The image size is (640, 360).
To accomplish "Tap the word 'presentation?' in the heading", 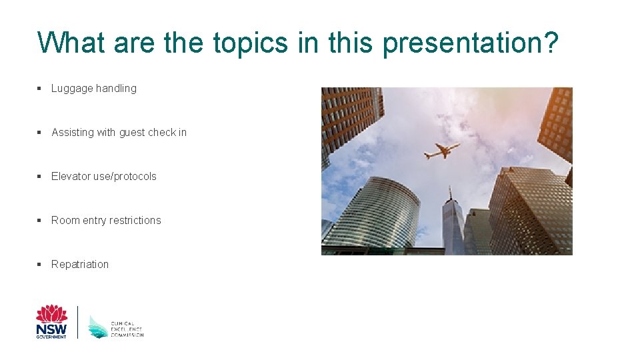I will pyautogui.click(x=471, y=44).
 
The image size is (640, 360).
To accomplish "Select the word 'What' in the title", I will pyautogui.click(x=71, y=43).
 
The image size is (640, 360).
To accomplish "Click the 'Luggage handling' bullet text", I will pyautogui.click(x=93, y=88).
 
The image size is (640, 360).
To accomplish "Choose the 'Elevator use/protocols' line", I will pyautogui.click(x=103, y=176).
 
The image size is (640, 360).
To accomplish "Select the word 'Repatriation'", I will pyautogui.click(x=80, y=264).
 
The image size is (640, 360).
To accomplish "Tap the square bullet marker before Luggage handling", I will pyautogui.click(x=40, y=88).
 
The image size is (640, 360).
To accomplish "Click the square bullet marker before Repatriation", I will pyautogui.click(x=40, y=264).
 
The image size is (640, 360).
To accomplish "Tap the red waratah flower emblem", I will pyautogui.click(x=51, y=314).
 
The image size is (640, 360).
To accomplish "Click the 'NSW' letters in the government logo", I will pyautogui.click(x=51, y=329).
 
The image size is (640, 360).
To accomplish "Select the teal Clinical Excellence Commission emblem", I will pyautogui.click(x=98, y=327).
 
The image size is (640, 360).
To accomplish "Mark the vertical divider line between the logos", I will pyautogui.click(x=78, y=322).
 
